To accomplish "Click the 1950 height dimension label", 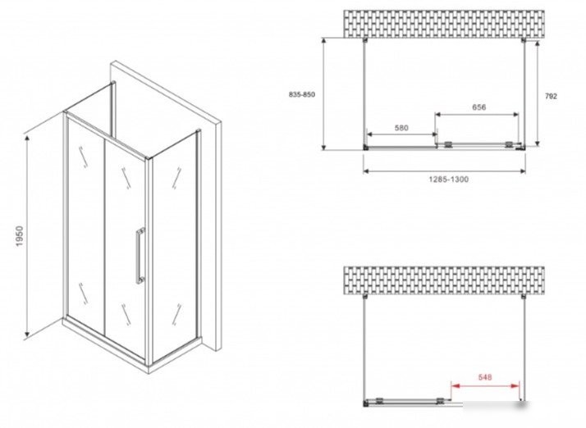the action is [20, 236].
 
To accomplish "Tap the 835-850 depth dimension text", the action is [302, 95].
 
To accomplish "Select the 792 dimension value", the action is [551, 97].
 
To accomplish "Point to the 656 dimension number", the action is [478, 107].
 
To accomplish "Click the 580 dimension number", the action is [401, 128].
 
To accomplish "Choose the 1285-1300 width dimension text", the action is [448, 180].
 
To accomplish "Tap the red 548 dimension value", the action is [485, 378].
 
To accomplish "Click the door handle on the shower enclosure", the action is [140, 256].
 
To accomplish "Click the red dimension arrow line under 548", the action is [485, 386].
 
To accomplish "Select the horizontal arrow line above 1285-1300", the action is [444, 171].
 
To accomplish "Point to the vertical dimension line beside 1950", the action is [27, 237].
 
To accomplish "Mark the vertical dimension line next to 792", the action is [538, 93].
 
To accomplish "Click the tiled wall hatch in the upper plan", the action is [444, 25].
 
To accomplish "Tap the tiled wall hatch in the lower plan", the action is [444, 280].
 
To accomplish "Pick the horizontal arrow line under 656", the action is [477, 114].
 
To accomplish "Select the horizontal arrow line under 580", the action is [402, 134].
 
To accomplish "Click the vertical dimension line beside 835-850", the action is [324, 93].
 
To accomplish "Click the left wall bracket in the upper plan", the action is [365, 40].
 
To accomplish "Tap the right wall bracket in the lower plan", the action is [524, 297].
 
